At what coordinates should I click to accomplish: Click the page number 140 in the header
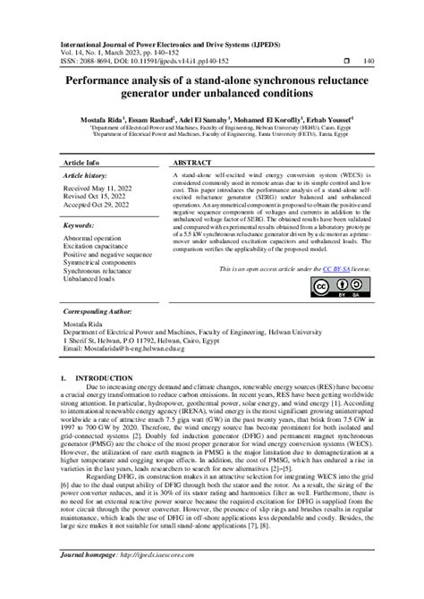[368, 61]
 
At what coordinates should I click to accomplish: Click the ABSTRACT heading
[191, 165]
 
